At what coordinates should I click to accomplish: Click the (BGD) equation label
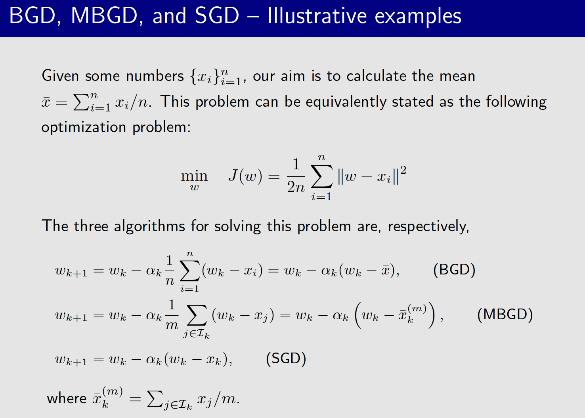454,270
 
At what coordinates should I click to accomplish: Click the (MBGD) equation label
505,314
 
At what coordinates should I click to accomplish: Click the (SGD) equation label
286,359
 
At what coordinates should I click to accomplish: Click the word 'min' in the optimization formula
194,175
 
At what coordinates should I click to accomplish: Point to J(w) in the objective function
245,175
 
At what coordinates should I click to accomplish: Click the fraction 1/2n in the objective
296,176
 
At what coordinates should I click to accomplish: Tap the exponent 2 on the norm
403,170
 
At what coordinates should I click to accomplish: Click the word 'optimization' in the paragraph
84,128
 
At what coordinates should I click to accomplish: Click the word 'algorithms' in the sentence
149,226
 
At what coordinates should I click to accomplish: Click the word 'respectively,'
428,226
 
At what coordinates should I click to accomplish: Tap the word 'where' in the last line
67,398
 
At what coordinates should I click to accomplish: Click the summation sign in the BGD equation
189,271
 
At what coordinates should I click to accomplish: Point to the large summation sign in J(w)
321,177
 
